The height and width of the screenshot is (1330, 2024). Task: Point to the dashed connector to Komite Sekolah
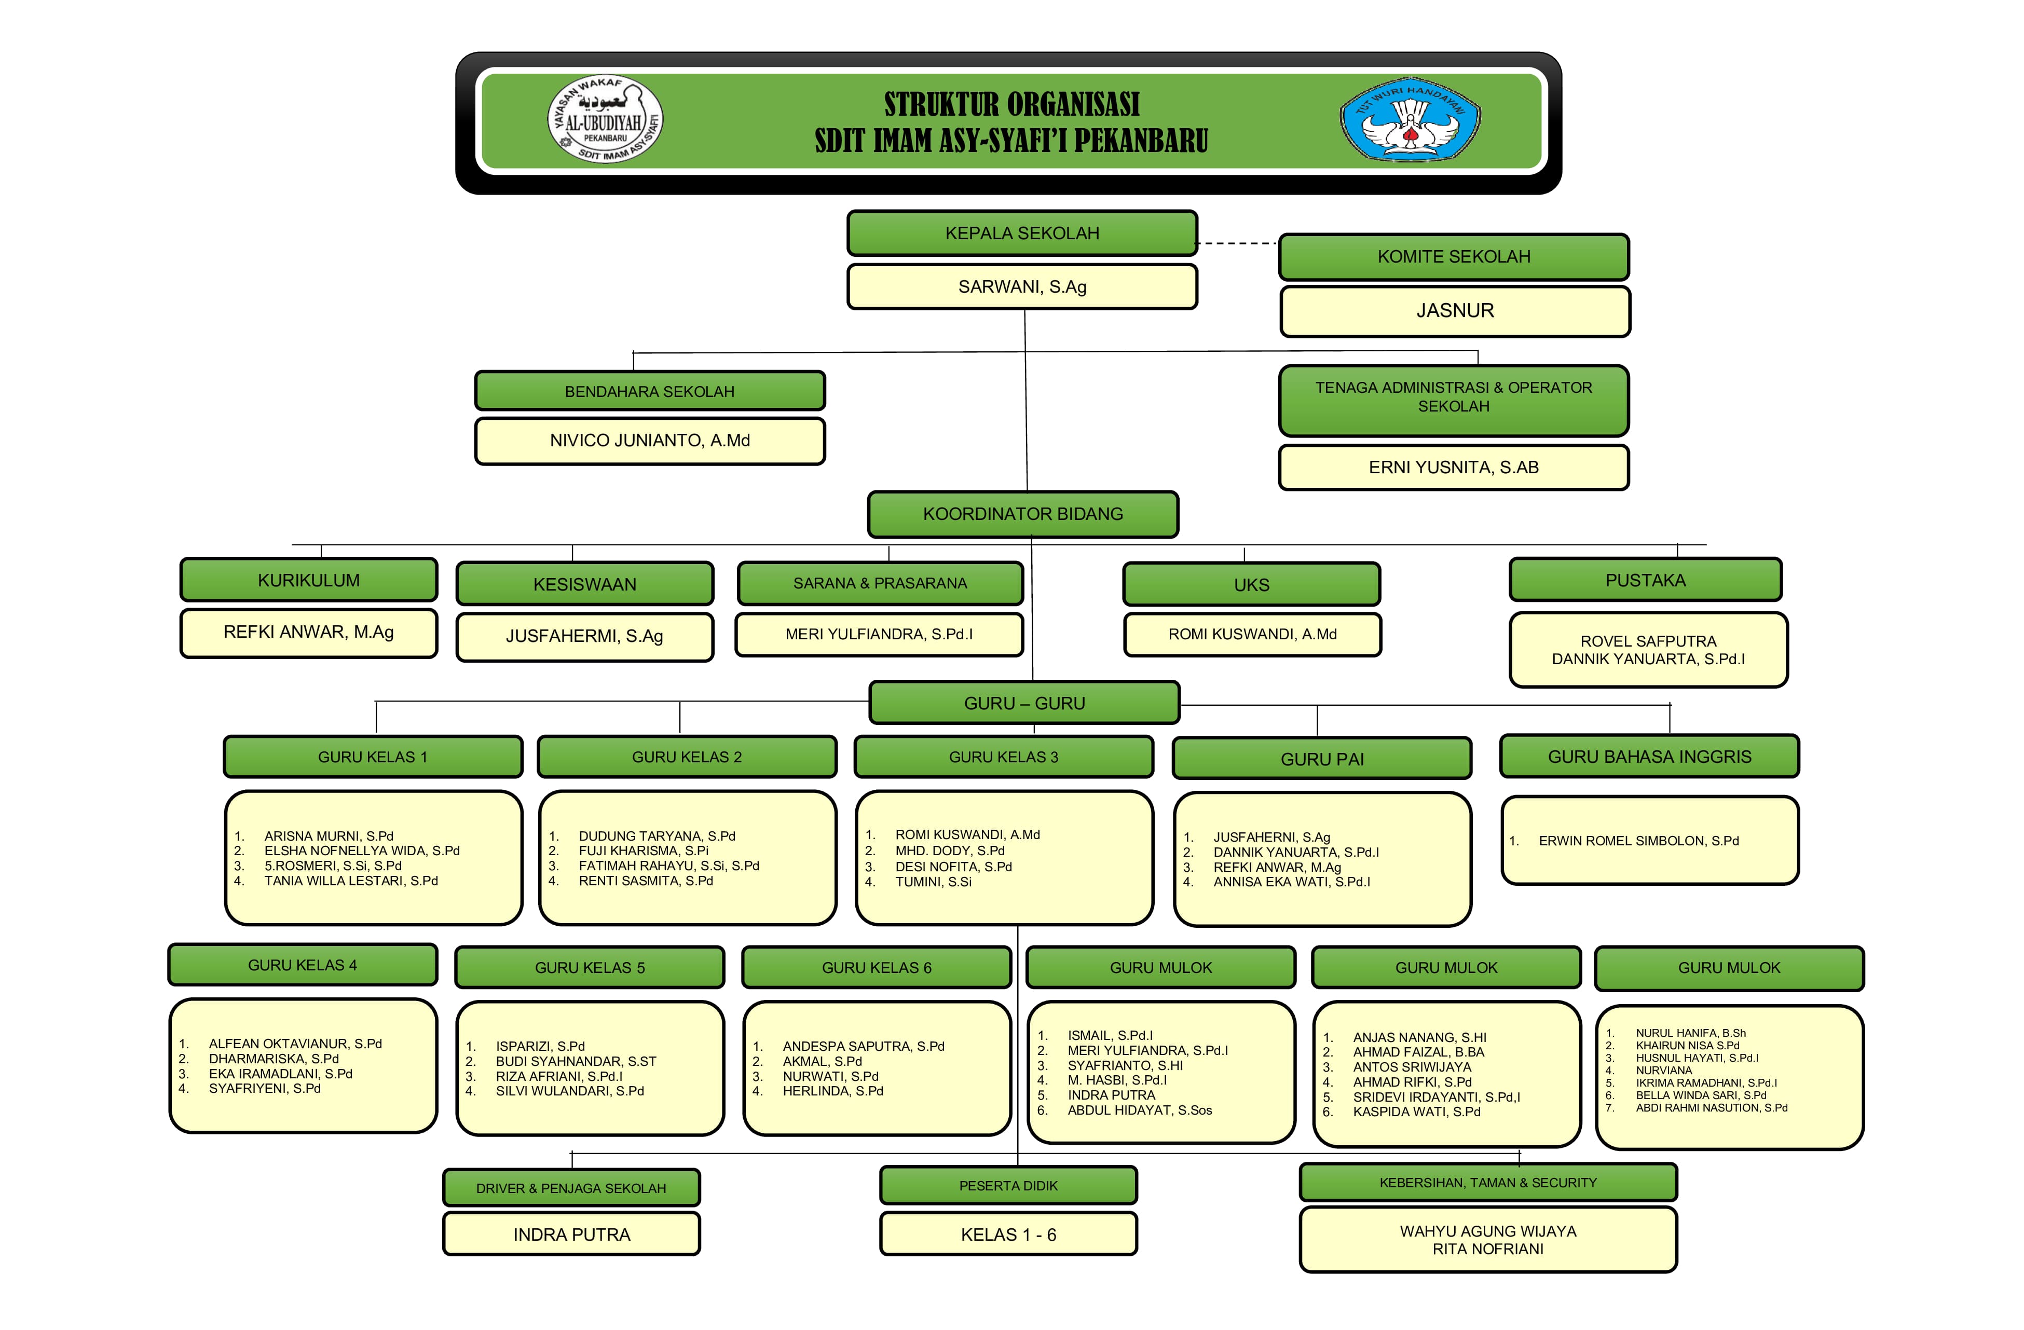(1237, 243)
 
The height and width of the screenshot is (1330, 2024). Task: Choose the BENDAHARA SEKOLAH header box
(650, 391)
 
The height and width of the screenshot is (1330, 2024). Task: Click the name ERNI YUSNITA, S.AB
(1453, 467)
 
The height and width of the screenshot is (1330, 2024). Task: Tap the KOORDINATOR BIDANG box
(1022, 514)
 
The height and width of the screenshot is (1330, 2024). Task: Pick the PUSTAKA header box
(1645, 580)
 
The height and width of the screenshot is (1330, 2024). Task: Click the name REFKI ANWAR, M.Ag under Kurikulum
(309, 632)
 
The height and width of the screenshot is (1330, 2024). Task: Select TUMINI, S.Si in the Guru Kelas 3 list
(933, 882)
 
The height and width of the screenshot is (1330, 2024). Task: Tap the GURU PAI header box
(1321, 759)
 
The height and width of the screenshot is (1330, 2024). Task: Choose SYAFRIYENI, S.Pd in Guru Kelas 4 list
(265, 1089)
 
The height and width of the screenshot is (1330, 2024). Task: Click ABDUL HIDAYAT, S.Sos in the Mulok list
(1140, 1110)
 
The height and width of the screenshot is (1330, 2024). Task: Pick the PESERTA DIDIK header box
(1008, 1185)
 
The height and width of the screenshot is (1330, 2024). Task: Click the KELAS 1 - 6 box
(1008, 1235)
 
